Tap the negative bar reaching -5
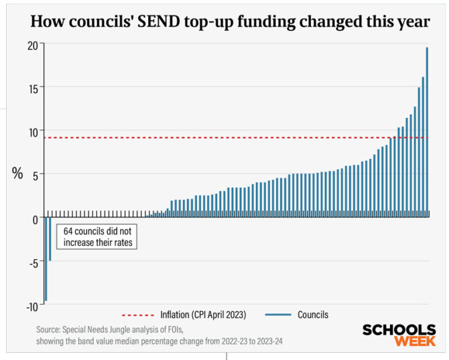click(x=50, y=238)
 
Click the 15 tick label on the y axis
click(x=32, y=87)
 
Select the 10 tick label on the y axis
click(x=32, y=131)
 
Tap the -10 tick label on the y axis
click(x=30, y=306)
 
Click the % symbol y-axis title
click(x=17, y=174)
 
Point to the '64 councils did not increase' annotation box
click(x=97, y=237)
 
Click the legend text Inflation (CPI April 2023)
click(x=203, y=314)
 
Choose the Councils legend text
click(x=313, y=314)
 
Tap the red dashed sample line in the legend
click(x=138, y=314)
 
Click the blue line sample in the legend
click(x=279, y=314)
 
